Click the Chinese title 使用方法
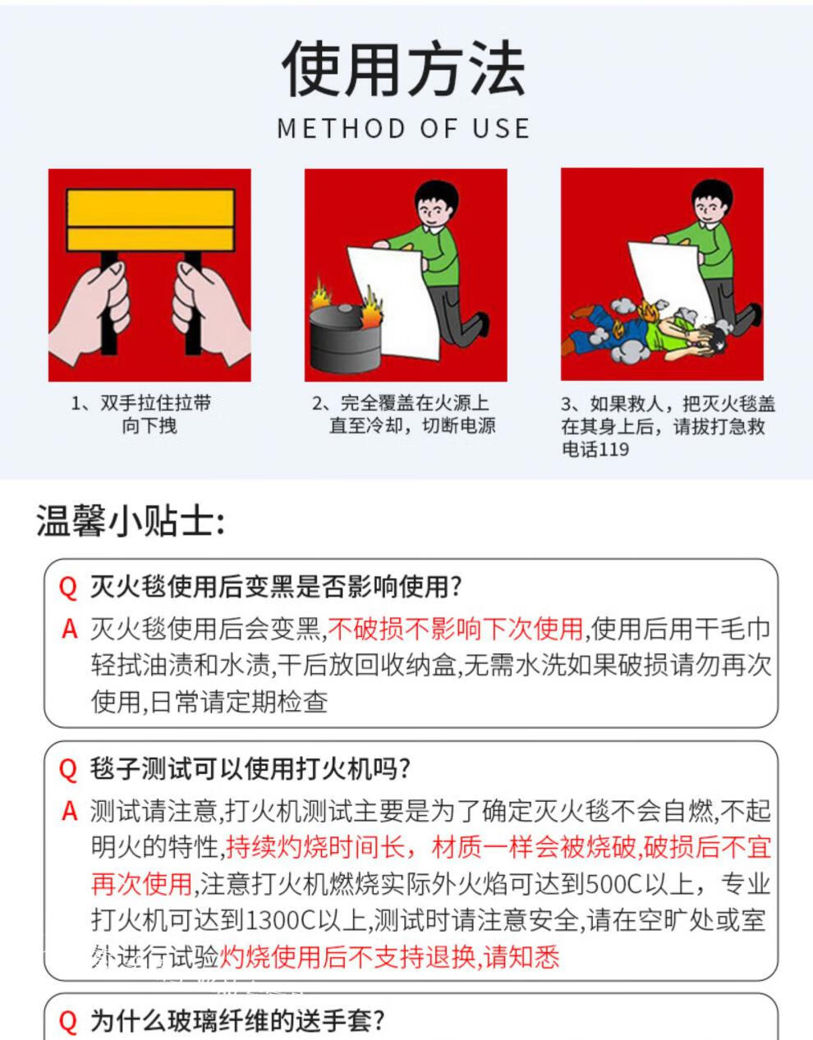coord(404,68)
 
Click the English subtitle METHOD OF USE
coord(404,129)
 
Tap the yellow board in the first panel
coord(150,220)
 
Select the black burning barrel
coord(345,338)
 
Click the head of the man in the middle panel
coord(436,204)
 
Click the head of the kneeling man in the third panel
coord(712,203)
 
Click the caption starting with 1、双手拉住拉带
coord(142,414)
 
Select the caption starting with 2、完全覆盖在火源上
coord(404,414)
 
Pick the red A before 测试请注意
coord(70,811)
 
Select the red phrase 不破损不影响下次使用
coord(455,629)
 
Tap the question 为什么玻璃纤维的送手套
coord(237,1019)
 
